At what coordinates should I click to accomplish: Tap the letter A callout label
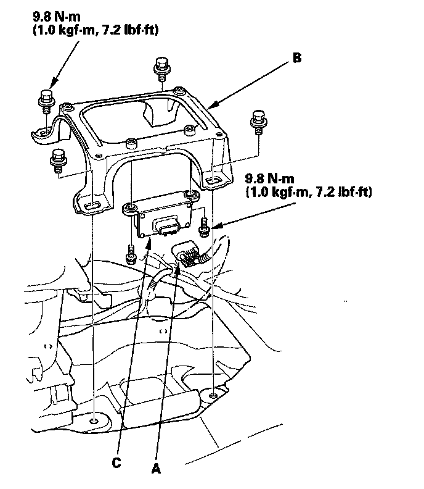click(155, 469)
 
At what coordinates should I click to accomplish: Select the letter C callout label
click(116, 461)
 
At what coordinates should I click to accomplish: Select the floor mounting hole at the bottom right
click(213, 395)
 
